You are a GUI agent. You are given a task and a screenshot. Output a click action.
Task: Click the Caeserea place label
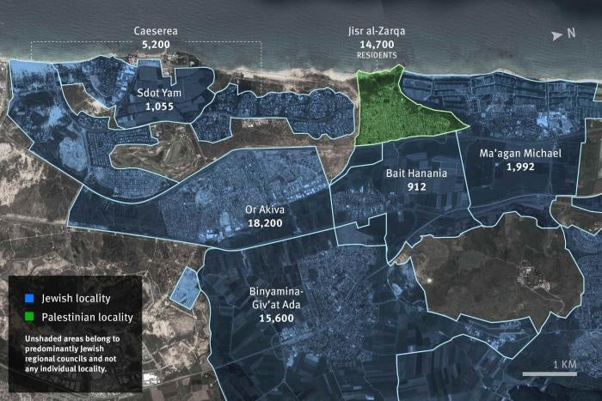pos(155,32)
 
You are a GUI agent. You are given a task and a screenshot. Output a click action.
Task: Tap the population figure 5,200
pos(155,44)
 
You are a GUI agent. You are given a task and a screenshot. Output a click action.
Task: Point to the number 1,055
pos(160,106)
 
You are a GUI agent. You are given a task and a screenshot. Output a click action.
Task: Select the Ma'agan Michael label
pos(520,154)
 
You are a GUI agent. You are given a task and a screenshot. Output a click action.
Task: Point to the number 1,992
pos(520,167)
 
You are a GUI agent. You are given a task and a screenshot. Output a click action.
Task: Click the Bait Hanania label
pos(410,173)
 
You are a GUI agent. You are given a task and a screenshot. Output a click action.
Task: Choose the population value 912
pos(410,186)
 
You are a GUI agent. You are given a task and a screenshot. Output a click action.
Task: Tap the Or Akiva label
pos(264,209)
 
